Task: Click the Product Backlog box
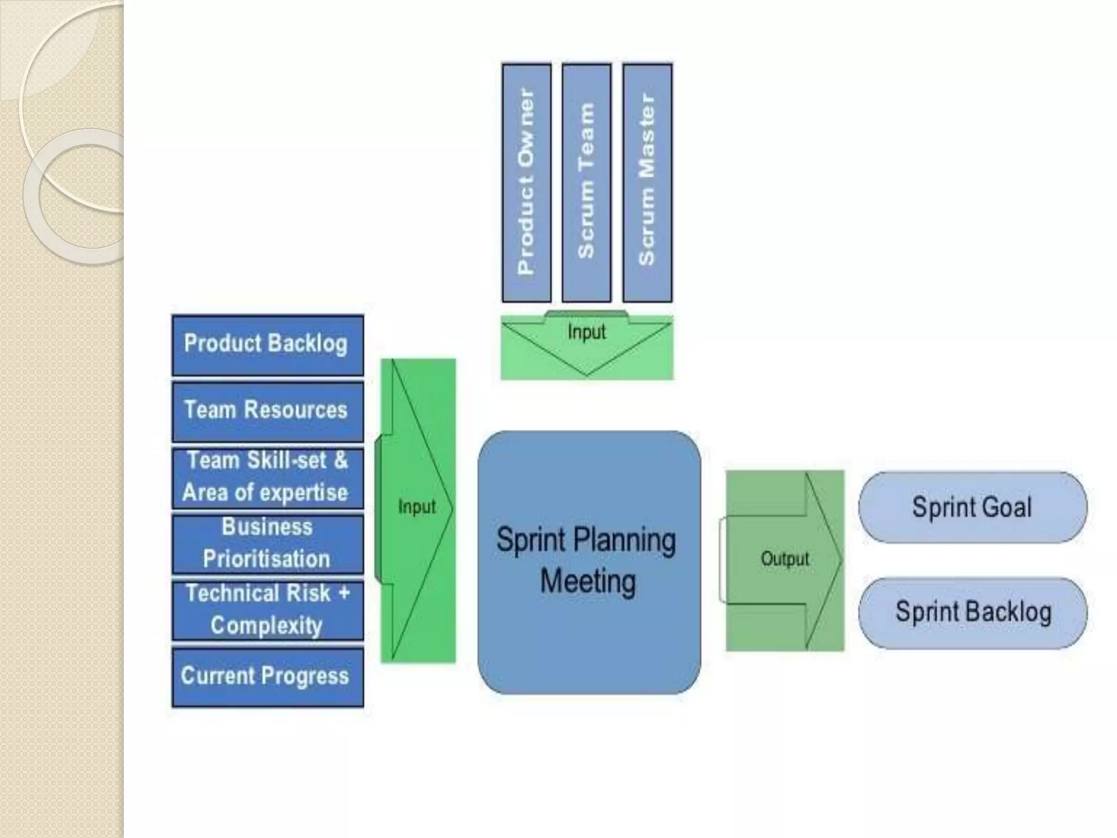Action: click(x=267, y=345)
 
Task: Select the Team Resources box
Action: click(x=267, y=411)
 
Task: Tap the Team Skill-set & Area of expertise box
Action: click(x=267, y=477)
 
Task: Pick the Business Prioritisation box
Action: click(x=267, y=543)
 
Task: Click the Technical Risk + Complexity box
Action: click(x=267, y=609)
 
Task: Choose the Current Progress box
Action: click(x=267, y=677)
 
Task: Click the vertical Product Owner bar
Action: click(x=526, y=183)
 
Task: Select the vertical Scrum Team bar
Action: click(x=586, y=183)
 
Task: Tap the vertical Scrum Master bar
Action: click(x=647, y=183)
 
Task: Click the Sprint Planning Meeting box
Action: click(x=589, y=562)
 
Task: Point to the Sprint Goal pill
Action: click(x=972, y=507)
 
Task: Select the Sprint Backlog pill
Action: click(x=972, y=612)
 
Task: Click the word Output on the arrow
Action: click(x=785, y=559)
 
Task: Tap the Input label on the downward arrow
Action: click(x=587, y=332)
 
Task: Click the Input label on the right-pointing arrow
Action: click(x=417, y=507)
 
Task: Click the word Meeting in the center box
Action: click(x=588, y=581)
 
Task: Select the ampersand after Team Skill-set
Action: click(x=341, y=460)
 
